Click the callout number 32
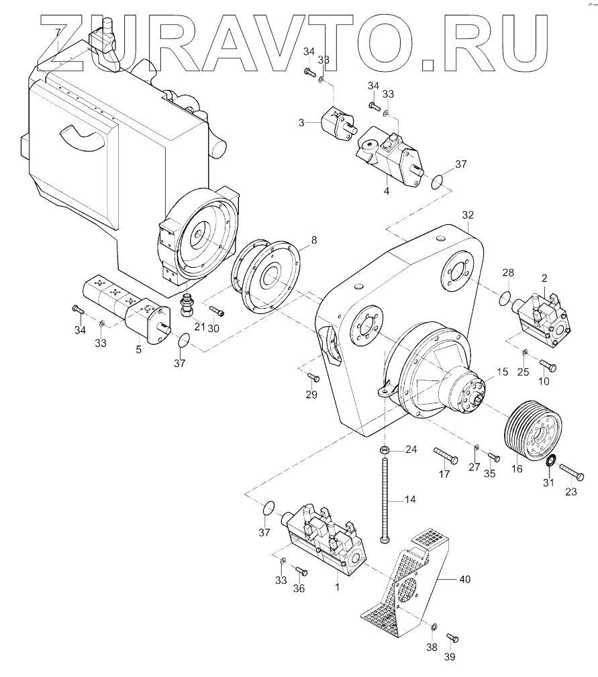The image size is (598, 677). pyautogui.click(x=468, y=215)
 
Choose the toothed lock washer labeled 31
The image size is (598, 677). pyautogui.click(x=548, y=462)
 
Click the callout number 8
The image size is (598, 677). pyautogui.click(x=313, y=239)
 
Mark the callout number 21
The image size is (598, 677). pyautogui.click(x=199, y=326)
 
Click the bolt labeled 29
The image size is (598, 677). pyautogui.click(x=313, y=378)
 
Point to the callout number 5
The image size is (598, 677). pyautogui.click(x=138, y=349)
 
